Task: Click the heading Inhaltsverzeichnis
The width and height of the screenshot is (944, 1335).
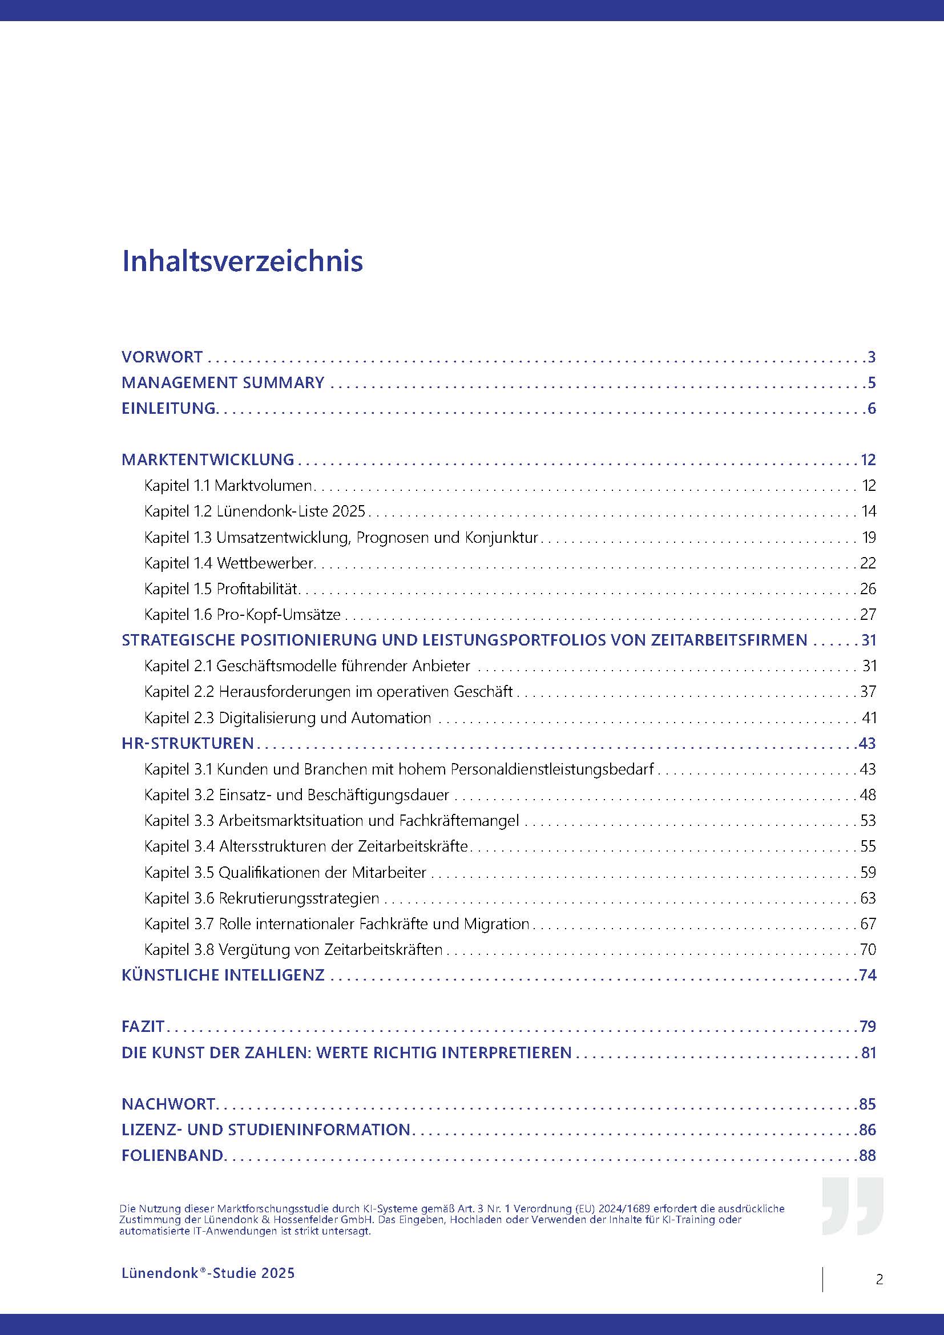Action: [243, 261]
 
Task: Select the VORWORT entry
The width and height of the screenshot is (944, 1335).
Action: [162, 356]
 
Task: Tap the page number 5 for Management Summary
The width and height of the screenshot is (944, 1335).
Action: [871, 382]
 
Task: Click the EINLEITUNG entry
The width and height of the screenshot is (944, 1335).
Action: [169, 408]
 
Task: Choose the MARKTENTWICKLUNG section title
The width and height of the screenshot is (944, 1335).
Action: [208, 459]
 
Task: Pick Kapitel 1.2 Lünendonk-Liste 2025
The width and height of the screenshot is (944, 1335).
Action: [255, 511]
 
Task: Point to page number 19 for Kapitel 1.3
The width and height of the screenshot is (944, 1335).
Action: [869, 537]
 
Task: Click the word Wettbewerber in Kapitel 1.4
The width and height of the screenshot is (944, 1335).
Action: [265, 563]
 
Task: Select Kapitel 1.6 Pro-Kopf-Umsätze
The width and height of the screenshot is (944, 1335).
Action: [243, 614]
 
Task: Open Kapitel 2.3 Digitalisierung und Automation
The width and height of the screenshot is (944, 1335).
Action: [288, 717]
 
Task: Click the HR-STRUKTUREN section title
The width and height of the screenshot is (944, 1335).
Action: [188, 743]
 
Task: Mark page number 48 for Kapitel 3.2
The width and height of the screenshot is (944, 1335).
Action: [868, 795]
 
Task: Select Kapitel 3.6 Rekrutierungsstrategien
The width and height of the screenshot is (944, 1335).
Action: [261, 898]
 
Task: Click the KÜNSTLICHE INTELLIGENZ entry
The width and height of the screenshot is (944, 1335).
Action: [223, 975]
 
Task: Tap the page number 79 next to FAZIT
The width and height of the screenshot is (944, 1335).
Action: [868, 1026]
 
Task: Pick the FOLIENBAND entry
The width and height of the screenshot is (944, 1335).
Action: [172, 1155]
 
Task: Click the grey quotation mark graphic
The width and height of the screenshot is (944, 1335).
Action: [852, 1207]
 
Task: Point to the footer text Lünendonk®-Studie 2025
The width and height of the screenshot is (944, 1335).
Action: [208, 1273]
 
